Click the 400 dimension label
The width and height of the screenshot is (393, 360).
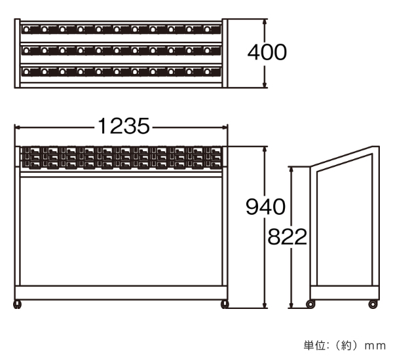click(x=267, y=52)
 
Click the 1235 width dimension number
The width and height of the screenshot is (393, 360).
click(x=124, y=126)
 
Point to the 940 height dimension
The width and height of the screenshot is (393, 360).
click(x=265, y=206)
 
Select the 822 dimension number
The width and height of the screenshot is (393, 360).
click(x=288, y=236)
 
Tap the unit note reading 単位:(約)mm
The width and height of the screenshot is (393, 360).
click(x=345, y=346)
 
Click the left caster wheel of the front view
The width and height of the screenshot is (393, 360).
click(x=17, y=304)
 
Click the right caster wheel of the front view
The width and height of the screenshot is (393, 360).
click(x=225, y=304)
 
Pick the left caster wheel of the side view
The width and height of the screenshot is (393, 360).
click(x=310, y=304)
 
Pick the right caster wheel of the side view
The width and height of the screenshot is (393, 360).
click(x=373, y=304)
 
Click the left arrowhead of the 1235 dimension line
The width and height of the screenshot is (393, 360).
click(x=17, y=128)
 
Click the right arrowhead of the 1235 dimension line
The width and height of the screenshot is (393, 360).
click(x=225, y=128)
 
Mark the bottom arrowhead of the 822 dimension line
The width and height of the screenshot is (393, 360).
click(x=291, y=305)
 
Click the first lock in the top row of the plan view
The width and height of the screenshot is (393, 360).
click(x=26, y=29)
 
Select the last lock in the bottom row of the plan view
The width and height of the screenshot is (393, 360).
click(x=207, y=72)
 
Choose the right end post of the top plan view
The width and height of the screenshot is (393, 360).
click(x=225, y=54)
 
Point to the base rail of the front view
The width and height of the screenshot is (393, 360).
click(x=121, y=293)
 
